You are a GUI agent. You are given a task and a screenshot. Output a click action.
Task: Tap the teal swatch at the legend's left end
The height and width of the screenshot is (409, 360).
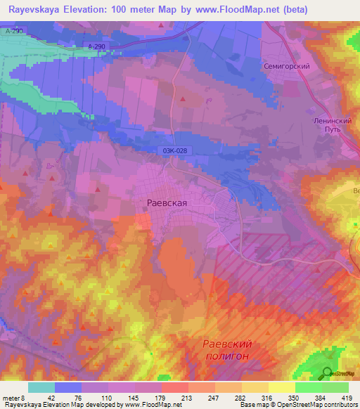pos(41,387)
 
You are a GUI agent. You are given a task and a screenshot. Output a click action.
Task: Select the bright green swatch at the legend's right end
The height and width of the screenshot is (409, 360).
pos(335,387)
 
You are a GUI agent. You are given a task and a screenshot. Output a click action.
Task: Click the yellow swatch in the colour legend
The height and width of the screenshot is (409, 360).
pos(281,387)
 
